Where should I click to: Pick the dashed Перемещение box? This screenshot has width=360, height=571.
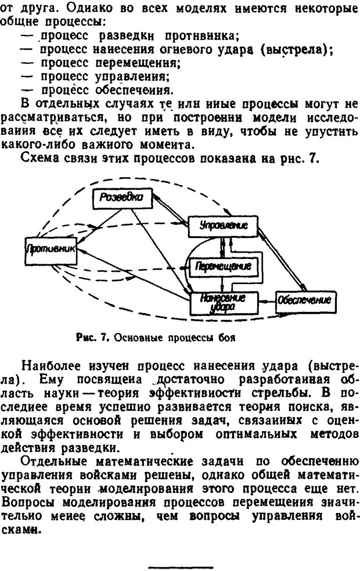pos(223,266)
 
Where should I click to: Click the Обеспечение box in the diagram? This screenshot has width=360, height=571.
pos(303,300)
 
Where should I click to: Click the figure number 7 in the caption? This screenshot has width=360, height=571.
pos(105,337)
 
